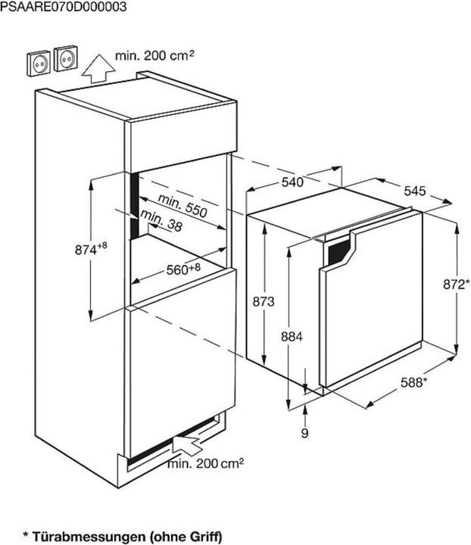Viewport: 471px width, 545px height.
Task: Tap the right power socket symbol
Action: pos(66,59)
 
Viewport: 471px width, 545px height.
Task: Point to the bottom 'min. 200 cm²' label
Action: pos(205,463)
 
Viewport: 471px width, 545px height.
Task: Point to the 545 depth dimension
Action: pos(413,191)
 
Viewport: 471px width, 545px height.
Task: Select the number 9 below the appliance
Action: pos(304,433)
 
